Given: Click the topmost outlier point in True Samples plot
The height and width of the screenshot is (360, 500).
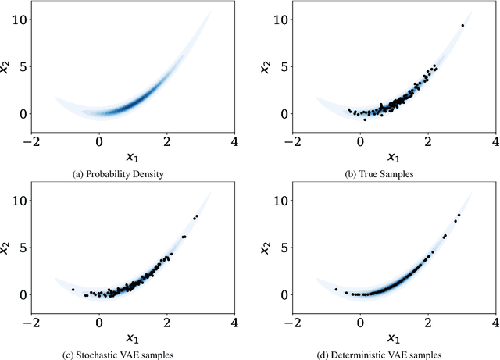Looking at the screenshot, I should pos(462,26).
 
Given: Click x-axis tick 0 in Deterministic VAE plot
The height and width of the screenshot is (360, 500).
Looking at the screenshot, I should pos(360,322).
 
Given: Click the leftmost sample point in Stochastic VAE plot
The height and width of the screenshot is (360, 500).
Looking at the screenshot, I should pos(73,290).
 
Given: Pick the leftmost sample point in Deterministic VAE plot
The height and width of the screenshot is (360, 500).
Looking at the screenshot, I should pos(336,290).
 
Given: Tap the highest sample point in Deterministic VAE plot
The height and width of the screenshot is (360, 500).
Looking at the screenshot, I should pos(459,215).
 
